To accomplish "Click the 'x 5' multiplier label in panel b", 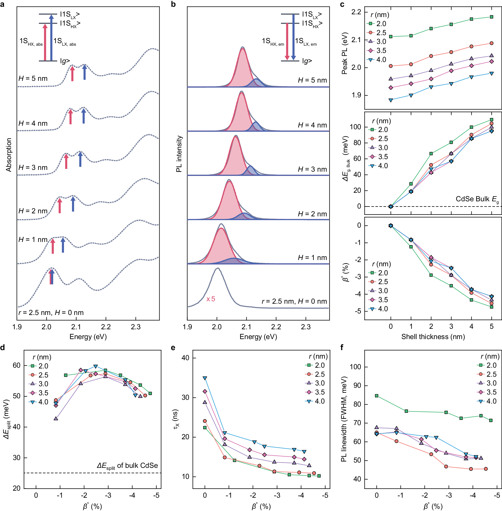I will [x=211, y=299].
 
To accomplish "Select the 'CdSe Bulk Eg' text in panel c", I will [x=477, y=199].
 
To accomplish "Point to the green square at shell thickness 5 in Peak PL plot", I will [x=491, y=17].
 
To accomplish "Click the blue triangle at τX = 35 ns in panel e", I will [x=205, y=378].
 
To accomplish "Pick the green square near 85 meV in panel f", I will [x=377, y=396].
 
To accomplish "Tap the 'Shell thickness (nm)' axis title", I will [x=433, y=337].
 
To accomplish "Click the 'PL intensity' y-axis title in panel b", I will [x=179, y=154].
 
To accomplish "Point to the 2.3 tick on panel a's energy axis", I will [x=135, y=327].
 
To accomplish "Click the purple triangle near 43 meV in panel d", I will [x=56, y=418].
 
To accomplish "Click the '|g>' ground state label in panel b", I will [x=307, y=61].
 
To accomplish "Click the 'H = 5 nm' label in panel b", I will [x=312, y=80].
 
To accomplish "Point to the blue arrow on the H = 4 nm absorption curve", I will [x=84, y=116].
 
